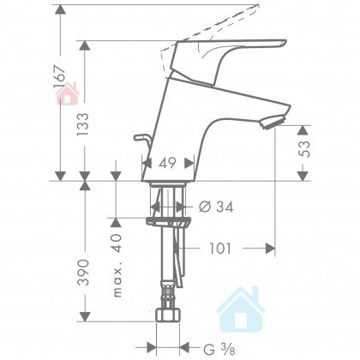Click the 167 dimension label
coord(59,77)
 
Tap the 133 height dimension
coord(84,123)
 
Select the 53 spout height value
coord(303,149)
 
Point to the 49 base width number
coord(167,163)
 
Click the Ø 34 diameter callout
coord(216,207)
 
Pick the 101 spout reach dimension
coord(220,249)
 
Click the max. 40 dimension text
coord(117,266)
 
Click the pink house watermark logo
coord(68,93)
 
